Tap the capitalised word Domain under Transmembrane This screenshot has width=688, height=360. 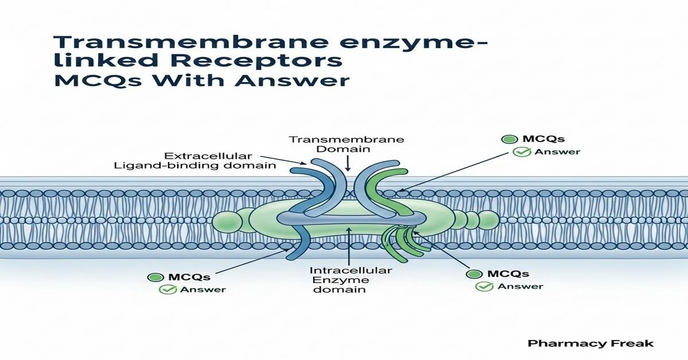[x=346, y=149]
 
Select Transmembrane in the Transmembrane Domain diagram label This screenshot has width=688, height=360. [x=346, y=139]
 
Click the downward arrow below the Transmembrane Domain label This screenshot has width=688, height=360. [x=348, y=165]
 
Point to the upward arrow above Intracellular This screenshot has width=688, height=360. [x=348, y=244]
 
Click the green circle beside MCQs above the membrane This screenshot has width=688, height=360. [x=507, y=139]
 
